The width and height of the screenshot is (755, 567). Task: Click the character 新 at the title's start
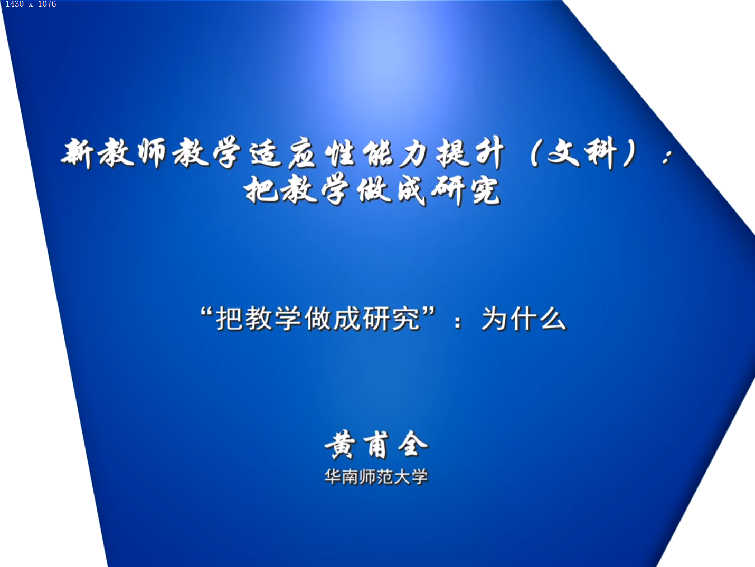pyautogui.click(x=78, y=153)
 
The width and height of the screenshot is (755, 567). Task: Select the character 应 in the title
pyautogui.click(x=302, y=153)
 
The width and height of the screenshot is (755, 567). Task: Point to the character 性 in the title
pyautogui.click(x=340, y=153)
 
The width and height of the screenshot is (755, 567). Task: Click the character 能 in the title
pyautogui.click(x=378, y=153)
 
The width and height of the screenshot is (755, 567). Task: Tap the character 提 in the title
pyautogui.click(x=452, y=153)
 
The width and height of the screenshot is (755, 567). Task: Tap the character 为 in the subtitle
pyautogui.click(x=495, y=319)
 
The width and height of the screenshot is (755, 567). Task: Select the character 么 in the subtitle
pyautogui.click(x=552, y=319)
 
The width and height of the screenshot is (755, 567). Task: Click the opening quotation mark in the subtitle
pyautogui.click(x=206, y=312)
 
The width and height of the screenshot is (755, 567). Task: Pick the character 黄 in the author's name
pyautogui.click(x=340, y=445)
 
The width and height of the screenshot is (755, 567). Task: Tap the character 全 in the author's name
pyautogui.click(x=413, y=444)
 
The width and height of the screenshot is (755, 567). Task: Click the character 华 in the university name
pyautogui.click(x=333, y=477)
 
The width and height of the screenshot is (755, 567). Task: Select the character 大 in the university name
pyautogui.click(x=402, y=477)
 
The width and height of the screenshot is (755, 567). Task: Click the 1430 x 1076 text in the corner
pyautogui.click(x=31, y=4)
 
